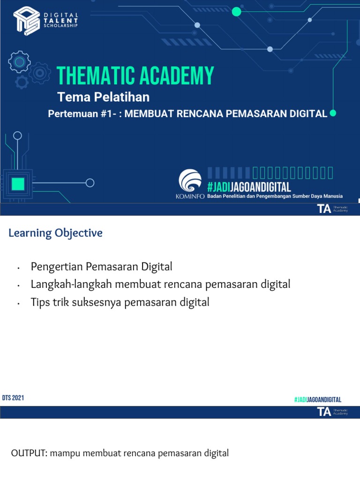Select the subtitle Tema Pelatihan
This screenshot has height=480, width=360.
pyautogui.click(x=103, y=97)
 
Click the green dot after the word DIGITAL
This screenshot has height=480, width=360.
pyautogui.click(x=333, y=113)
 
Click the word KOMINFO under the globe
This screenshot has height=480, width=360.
pyautogui.click(x=190, y=196)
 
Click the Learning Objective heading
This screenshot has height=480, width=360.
pyautogui.click(x=55, y=233)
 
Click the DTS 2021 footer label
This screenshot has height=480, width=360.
pyautogui.click(x=13, y=398)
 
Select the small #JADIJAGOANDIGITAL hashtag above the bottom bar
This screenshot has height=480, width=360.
pyautogui.click(x=317, y=399)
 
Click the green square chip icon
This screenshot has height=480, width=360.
pyautogui.click(x=18, y=184)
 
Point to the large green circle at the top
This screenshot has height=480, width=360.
pyautogui.click(x=236, y=12)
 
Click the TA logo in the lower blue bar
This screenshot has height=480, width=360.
pyautogui.click(x=324, y=412)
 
